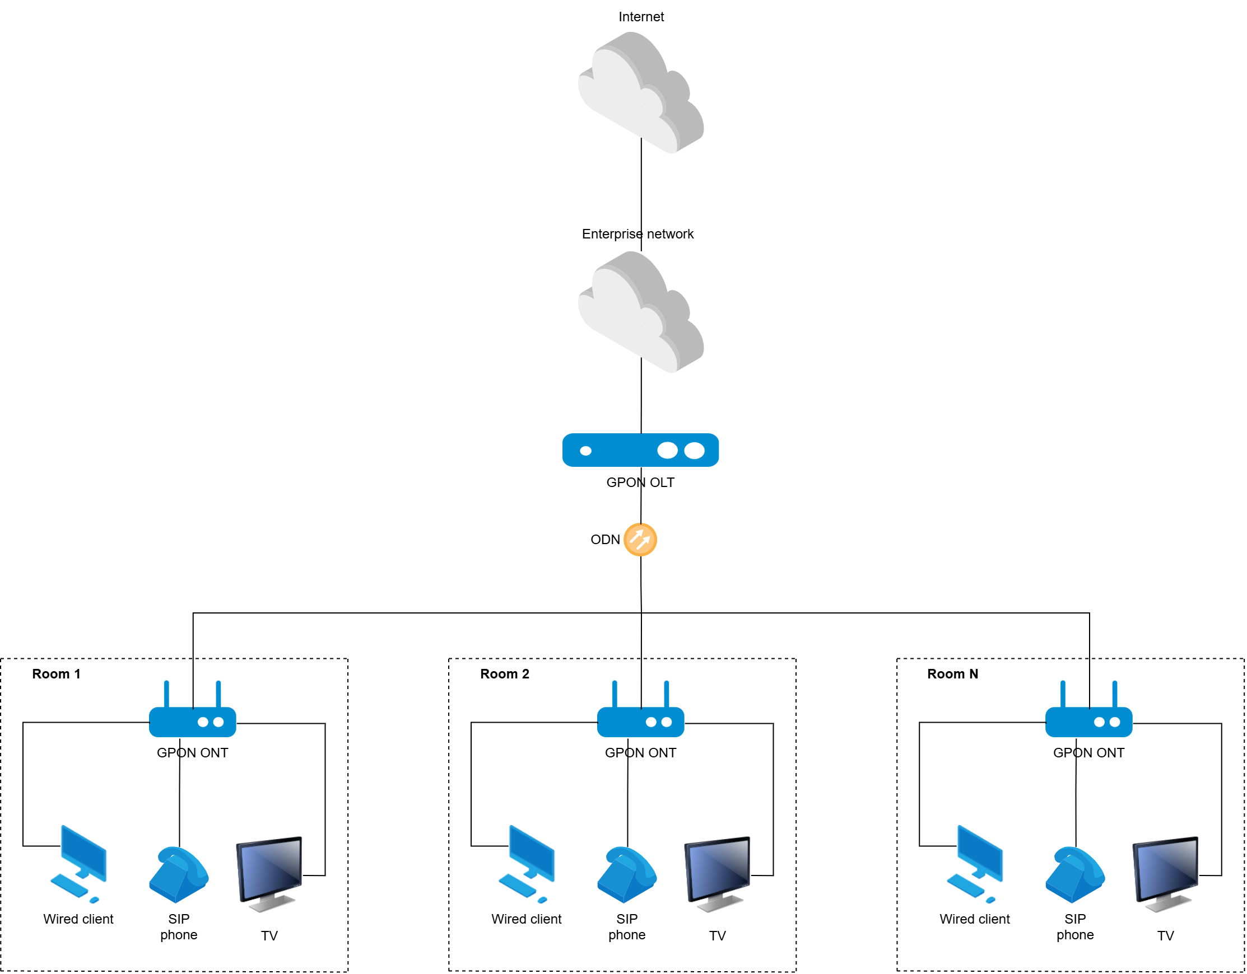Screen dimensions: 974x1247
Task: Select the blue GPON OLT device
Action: [x=640, y=450]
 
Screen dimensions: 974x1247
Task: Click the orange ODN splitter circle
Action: [x=640, y=540]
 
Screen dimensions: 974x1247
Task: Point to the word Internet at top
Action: [x=641, y=17]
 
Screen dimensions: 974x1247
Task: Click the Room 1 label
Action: [x=56, y=674]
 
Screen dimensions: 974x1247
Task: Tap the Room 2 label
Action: [x=504, y=674]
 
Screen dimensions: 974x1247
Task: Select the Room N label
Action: [x=952, y=674]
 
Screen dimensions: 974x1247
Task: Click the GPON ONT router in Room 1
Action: [x=192, y=721]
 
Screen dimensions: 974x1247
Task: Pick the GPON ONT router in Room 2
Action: [x=640, y=721]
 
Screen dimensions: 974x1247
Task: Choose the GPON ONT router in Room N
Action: [x=1088, y=721]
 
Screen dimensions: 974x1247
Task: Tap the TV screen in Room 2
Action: [x=717, y=870]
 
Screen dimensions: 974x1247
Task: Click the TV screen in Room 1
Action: [x=269, y=870]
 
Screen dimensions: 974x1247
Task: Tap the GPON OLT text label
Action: [x=640, y=483]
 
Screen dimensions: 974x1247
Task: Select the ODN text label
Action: [x=604, y=540]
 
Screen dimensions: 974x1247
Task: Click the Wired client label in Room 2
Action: [x=526, y=919]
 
